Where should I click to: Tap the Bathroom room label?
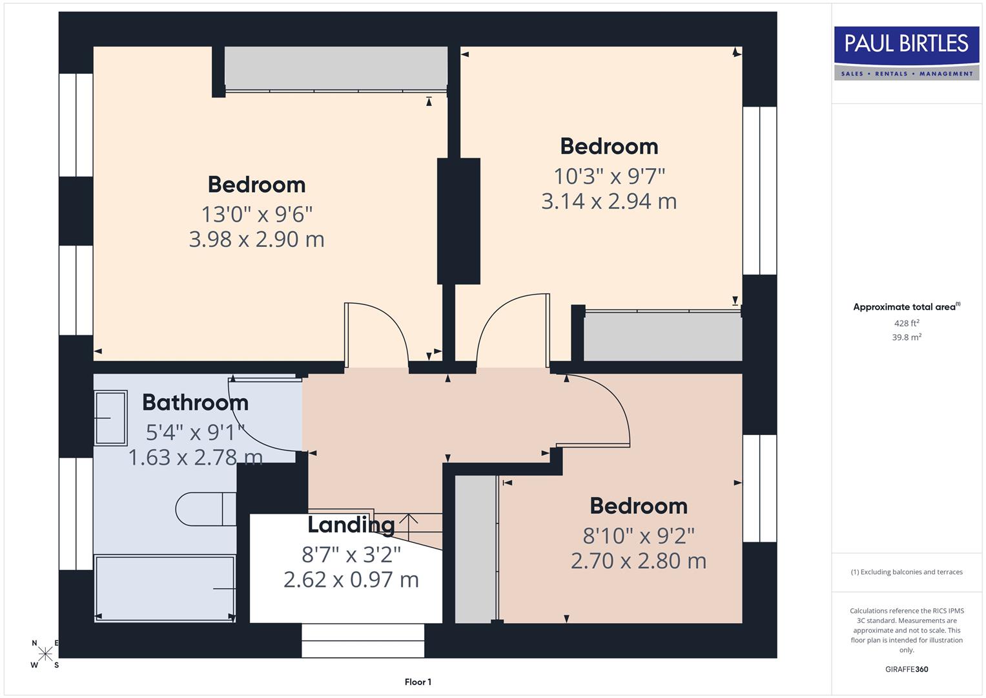point(195,403)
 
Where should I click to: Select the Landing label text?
point(351,525)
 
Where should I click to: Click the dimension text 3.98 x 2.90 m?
point(256,240)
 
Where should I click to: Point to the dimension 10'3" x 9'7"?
point(609,176)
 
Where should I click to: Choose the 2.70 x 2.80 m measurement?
point(638,561)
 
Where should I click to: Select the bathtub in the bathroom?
point(165,588)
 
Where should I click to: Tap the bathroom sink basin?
point(110,418)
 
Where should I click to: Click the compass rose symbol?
point(45,654)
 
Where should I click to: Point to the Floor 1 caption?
point(418,682)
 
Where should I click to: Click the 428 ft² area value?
point(907,323)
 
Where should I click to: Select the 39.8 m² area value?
point(907,337)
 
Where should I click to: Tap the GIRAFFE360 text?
point(907,669)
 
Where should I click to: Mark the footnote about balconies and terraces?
point(907,572)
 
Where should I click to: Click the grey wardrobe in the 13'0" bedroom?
point(335,67)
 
